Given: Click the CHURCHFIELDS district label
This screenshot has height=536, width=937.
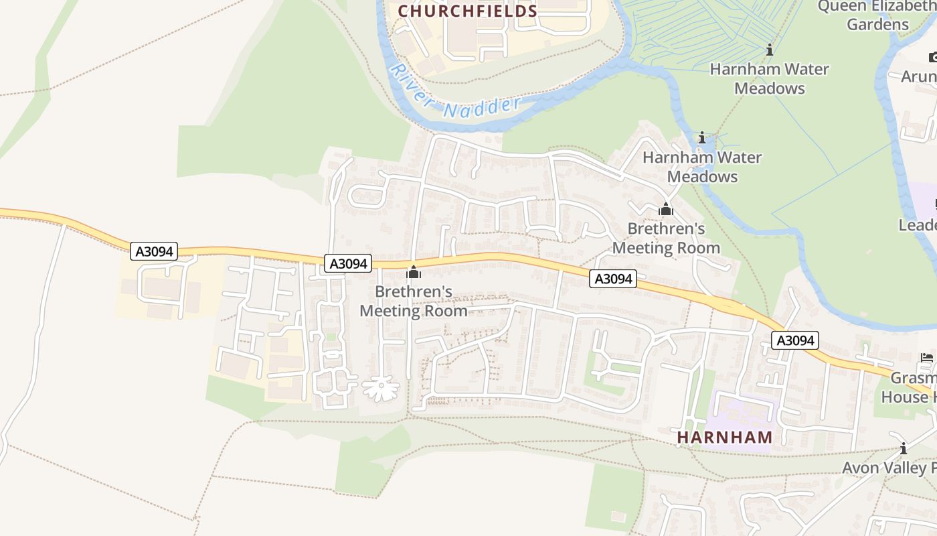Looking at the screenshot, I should (x=468, y=11).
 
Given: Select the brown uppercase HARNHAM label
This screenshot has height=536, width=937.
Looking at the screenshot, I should (x=725, y=438).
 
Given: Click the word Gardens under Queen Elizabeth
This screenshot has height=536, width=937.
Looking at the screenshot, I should (x=877, y=25).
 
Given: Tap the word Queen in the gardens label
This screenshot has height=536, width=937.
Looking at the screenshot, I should (x=843, y=7).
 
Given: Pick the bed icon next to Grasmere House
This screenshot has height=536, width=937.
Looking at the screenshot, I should (x=927, y=358).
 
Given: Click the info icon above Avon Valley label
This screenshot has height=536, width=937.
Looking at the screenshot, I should (x=904, y=448).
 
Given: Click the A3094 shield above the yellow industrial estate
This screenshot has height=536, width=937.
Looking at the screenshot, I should (x=155, y=252).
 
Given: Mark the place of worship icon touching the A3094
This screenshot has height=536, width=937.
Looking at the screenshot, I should (x=414, y=272).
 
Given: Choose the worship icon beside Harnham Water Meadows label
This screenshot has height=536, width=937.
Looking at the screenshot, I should (x=665, y=209).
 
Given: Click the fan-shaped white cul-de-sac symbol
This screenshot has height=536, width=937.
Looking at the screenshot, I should (x=381, y=389).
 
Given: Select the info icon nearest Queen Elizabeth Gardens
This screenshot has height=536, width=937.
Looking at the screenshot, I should (x=770, y=50).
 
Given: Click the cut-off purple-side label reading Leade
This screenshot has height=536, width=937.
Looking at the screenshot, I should (x=918, y=225).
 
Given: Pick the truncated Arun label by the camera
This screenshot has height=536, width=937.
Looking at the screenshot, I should (x=919, y=76).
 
